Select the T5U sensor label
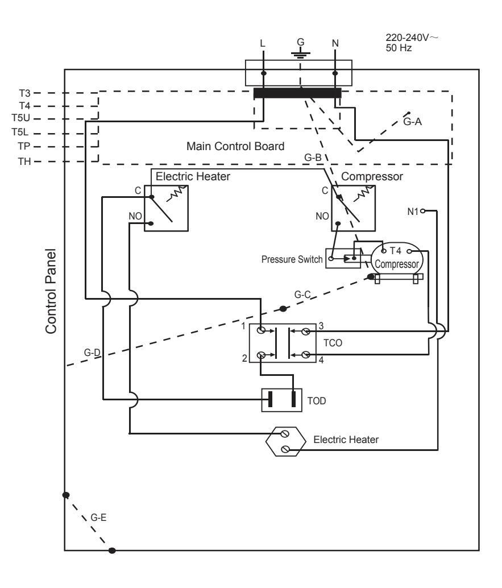22,119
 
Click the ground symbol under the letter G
300,54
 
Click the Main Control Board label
235,146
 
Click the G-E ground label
98,519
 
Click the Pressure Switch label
292,259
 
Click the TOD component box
281,400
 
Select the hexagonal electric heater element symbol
286,441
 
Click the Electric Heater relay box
167,207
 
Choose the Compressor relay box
353,207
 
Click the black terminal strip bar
297,93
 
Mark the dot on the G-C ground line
283,308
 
